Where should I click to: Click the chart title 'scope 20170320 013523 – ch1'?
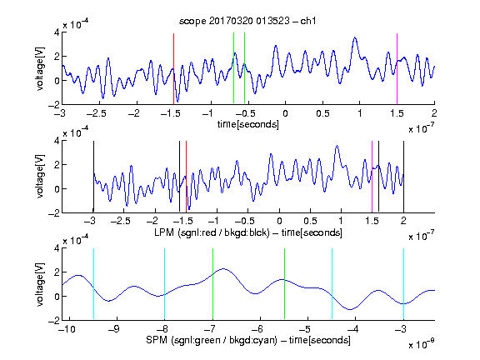tap(247, 21)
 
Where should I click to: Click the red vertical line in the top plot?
tap(173, 69)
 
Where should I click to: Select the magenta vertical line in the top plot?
tap(397, 69)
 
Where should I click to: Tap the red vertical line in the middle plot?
tap(186, 177)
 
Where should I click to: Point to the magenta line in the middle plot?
tap(372, 177)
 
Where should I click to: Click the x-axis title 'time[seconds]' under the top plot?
tap(248, 124)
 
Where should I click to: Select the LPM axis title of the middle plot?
tap(248, 232)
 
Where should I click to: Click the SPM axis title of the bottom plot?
tap(248, 340)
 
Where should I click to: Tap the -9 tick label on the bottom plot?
tap(114, 329)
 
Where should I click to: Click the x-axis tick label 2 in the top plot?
tap(434, 113)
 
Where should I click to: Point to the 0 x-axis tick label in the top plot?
tap(285, 113)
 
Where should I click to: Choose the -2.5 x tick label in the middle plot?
tap(121, 221)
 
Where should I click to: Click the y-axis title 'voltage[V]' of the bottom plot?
tap(40, 284)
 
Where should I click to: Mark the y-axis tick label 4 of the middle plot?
tap(57, 141)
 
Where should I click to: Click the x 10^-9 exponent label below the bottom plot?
tap(422, 344)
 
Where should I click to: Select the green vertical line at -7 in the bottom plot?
tap(212, 284)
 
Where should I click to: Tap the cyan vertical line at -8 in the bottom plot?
tap(165, 284)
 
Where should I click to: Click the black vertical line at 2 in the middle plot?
tap(403, 177)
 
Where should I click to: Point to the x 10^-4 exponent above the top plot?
tap(76, 24)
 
